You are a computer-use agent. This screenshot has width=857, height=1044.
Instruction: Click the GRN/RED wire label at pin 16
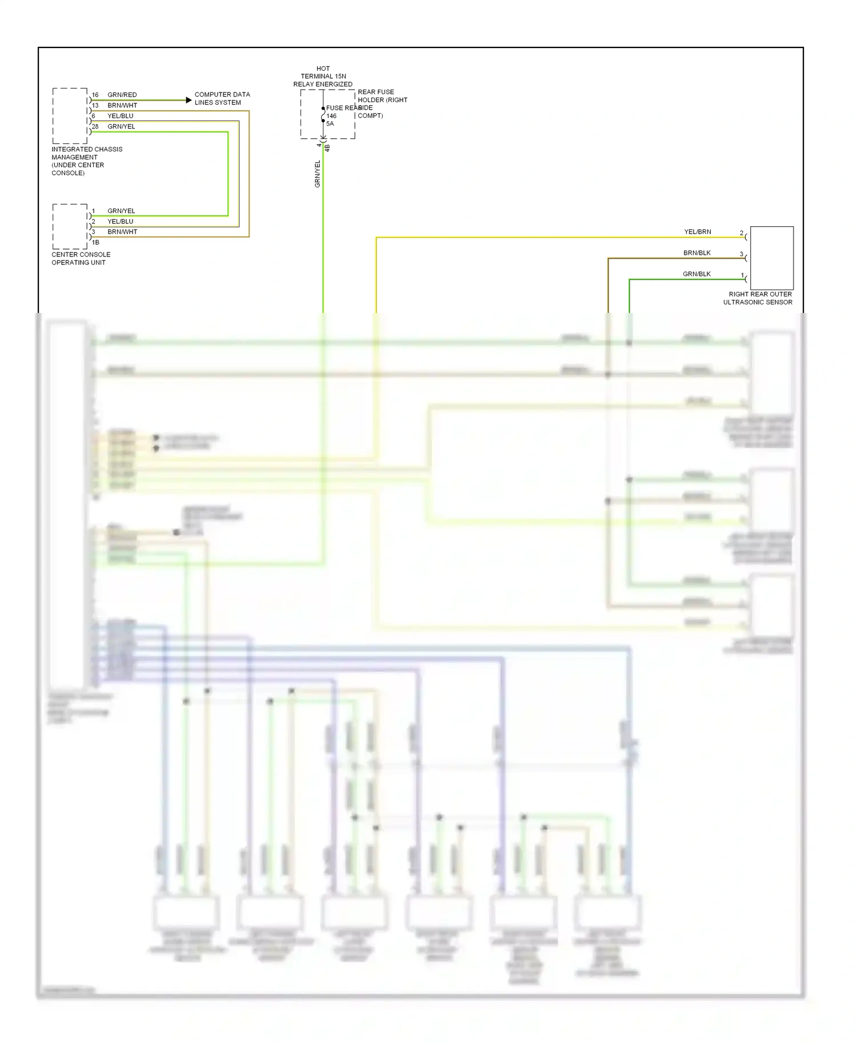click(122, 95)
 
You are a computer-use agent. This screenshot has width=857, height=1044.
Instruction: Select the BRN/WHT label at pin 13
click(122, 106)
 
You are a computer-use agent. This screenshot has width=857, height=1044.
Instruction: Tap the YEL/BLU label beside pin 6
click(120, 116)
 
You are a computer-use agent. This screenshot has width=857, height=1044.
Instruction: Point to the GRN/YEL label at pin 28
click(121, 127)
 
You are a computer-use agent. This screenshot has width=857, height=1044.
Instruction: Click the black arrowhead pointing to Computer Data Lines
click(189, 101)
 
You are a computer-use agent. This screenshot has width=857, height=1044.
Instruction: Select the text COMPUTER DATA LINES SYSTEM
click(222, 98)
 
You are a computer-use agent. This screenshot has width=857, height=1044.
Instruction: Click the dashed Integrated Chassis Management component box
click(70, 116)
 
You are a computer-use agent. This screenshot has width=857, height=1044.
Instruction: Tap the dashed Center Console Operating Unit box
click(70, 226)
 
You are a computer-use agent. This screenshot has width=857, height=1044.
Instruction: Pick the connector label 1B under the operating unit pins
click(95, 242)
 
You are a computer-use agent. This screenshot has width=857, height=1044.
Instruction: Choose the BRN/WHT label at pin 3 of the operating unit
click(122, 232)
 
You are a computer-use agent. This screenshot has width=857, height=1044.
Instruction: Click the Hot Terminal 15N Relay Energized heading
click(323, 76)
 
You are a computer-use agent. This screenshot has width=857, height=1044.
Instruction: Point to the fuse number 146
click(331, 116)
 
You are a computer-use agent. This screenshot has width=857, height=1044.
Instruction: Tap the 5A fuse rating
click(330, 124)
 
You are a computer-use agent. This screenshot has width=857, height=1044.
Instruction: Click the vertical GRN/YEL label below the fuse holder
click(318, 174)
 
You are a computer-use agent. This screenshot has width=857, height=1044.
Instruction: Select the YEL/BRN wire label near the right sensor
click(698, 232)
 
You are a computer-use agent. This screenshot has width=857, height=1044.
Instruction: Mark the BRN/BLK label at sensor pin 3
click(697, 253)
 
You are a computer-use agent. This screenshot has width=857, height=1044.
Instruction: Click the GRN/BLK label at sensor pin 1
click(696, 274)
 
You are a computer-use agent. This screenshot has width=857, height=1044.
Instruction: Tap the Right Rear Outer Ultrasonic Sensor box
click(771, 258)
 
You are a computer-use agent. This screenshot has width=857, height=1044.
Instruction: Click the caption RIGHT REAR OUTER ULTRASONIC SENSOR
click(758, 298)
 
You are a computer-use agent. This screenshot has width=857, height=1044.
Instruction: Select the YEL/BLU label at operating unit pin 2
click(120, 222)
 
